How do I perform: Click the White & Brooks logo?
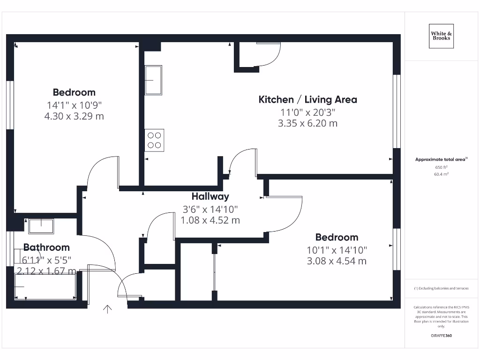point(441,36)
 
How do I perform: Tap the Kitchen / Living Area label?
point(307,99)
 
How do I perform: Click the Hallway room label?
point(210,196)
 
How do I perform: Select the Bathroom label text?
point(46,247)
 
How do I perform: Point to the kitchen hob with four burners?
point(154,140)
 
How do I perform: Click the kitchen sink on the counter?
point(153,80)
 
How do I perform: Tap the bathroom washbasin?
point(41,226)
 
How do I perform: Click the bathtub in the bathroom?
point(45,286)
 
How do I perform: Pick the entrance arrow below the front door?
point(107,309)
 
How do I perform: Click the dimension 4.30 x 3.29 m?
point(74,116)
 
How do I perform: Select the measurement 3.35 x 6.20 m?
point(307,123)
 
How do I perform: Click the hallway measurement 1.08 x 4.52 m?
point(210,219)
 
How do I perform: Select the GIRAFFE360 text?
point(441,336)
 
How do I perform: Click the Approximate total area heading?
point(441,159)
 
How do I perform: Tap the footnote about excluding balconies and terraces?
point(441,288)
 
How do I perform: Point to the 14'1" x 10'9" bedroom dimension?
point(74,105)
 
